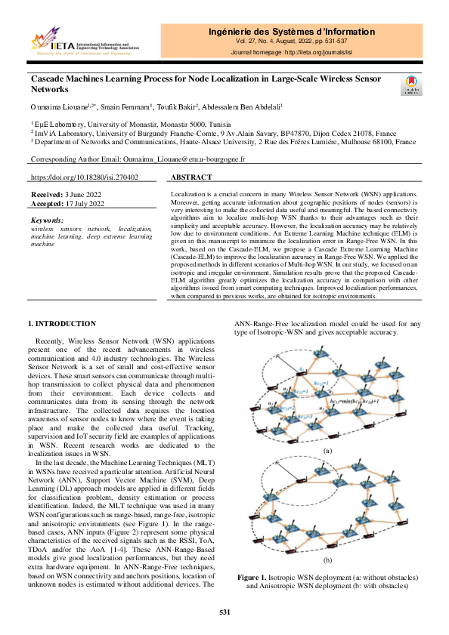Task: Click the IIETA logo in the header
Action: pyautogui.click(x=83, y=42)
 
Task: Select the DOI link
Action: pyautogui.click(x=84, y=177)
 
